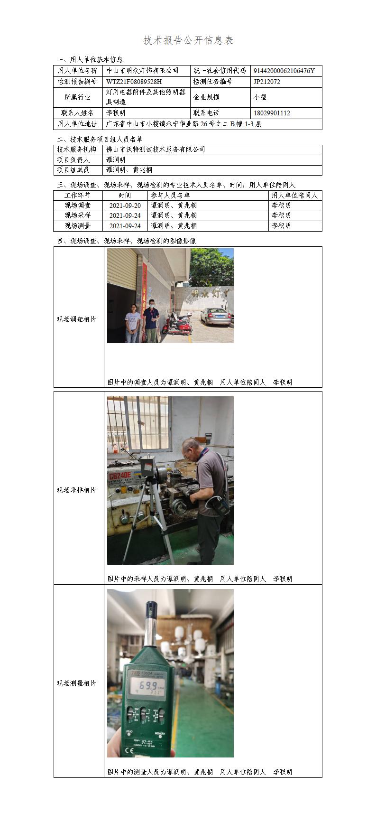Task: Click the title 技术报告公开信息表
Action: (188, 40)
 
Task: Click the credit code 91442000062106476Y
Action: (284, 71)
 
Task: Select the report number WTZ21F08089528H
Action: (134, 82)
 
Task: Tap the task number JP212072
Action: (266, 82)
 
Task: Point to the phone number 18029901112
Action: (272, 113)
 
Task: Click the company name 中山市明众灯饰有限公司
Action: (143, 70)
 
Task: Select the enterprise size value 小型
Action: (260, 97)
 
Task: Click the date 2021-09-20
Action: (125, 206)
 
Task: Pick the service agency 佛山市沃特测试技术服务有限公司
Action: (156, 150)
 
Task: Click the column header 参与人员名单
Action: (170, 195)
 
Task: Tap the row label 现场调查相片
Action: (76, 319)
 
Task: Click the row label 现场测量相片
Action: (76, 683)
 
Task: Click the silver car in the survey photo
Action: (216, 316)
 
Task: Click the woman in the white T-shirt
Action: (132, 323)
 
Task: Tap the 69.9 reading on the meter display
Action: (148, 686)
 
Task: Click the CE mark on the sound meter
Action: (130, 749)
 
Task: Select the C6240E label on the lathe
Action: (119, 476)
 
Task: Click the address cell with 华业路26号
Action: (183, 124)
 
